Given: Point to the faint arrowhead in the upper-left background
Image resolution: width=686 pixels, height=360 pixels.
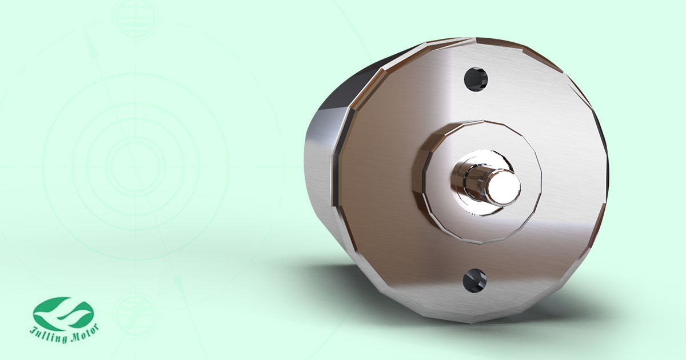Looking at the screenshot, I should tap(88, 41).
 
